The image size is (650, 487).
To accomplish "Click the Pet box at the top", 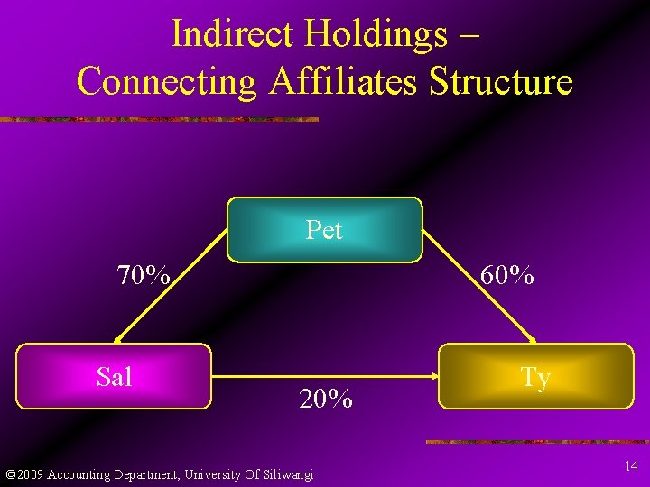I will [324, 230].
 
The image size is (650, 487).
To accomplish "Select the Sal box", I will [114, 376].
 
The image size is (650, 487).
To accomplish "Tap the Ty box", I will [535, 376].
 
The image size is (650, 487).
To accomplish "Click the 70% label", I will [144, 275].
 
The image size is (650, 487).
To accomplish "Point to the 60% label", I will [506, 275].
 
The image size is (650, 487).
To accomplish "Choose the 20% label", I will [325, 399].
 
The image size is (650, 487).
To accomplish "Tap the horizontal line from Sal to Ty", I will [325, 377].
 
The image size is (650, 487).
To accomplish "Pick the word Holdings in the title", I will [376, 34].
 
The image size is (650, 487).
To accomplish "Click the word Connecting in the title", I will [168, 81].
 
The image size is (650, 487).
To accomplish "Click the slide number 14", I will [630, 466].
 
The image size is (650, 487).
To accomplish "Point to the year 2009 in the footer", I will [28, 474].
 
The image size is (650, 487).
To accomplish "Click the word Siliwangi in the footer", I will [285, 474].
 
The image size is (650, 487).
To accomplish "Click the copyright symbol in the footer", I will [9, 474].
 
